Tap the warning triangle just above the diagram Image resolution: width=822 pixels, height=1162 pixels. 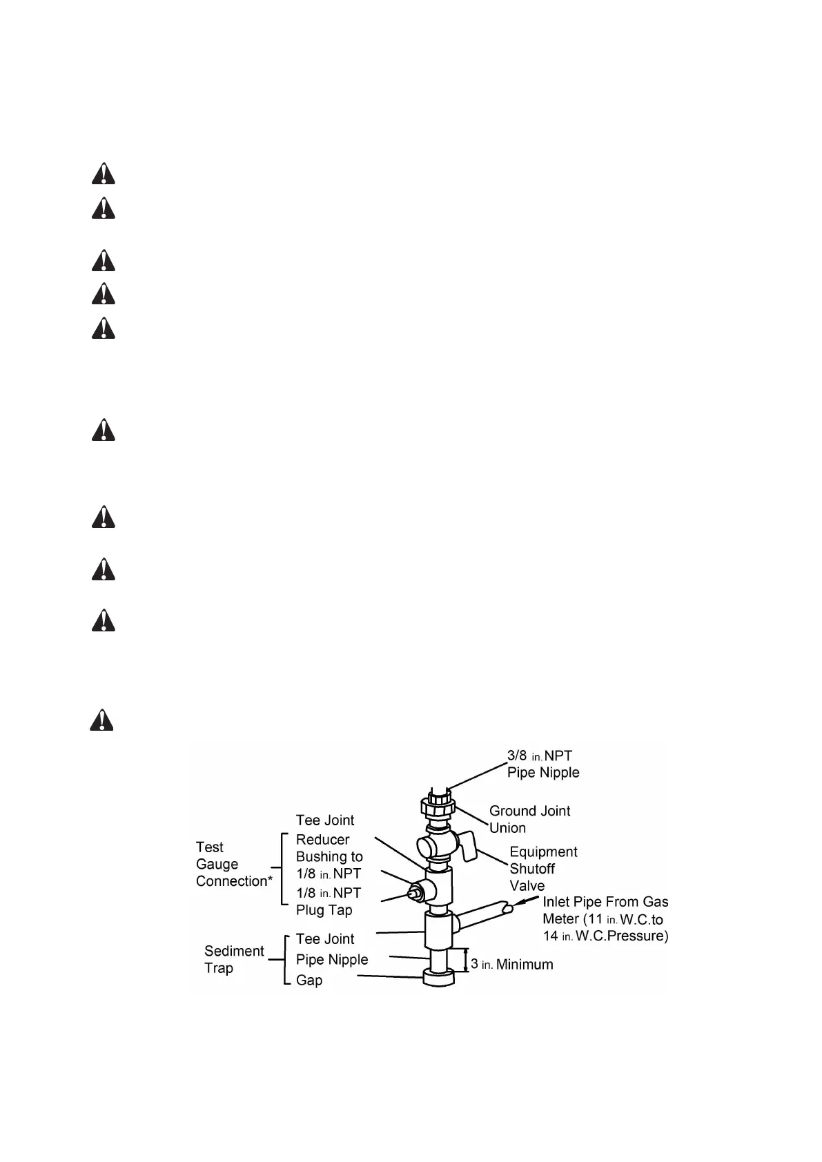pos(102,720)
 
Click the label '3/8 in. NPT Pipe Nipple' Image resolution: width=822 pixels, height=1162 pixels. pos(542,764)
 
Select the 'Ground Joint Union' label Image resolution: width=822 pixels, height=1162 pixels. pos(529,819)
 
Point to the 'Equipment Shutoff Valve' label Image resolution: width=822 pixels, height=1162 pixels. pos(543,869)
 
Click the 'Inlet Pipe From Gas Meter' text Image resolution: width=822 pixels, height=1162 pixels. pos(605,918)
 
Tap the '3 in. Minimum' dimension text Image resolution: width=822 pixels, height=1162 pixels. pos(512,964)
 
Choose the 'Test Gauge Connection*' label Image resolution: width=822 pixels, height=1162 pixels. pos(234,864)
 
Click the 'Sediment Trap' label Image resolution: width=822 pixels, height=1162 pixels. pos(234,959)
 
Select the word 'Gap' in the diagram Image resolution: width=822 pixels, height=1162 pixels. pos(309,980)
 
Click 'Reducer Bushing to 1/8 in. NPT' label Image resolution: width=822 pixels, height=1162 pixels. pos(329,856)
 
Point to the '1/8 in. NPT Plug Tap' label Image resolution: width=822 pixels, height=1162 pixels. pos(329,901)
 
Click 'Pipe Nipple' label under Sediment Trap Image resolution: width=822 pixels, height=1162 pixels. pos(332,959)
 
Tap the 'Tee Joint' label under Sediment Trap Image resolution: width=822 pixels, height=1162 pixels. pos(325,938)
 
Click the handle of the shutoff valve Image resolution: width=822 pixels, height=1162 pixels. pos(469,847)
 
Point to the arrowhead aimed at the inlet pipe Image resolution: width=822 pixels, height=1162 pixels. pos(519,903)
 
